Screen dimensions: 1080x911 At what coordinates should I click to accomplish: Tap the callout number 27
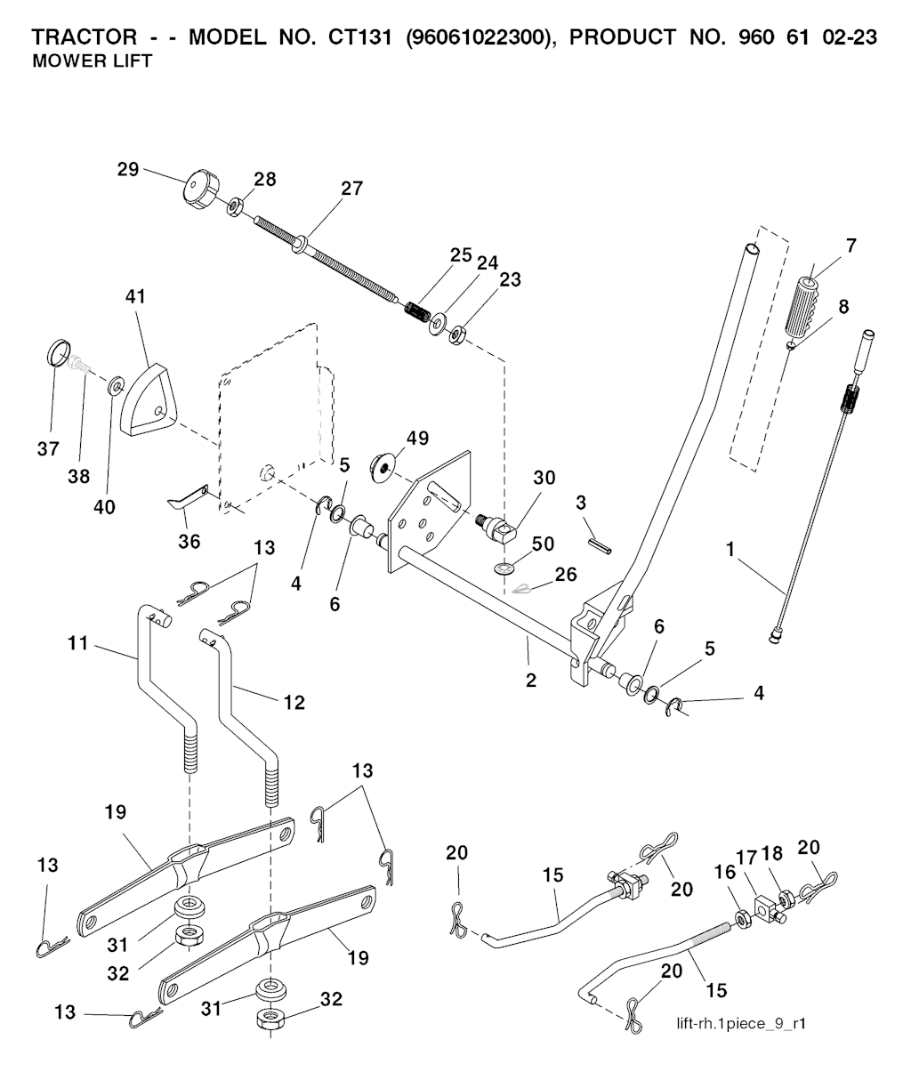click(351, 189)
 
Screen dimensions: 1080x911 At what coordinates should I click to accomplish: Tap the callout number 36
click(189, 541)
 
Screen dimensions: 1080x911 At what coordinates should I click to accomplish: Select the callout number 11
click(79, 641)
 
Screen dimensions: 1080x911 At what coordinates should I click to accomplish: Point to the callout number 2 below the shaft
click(531, 680)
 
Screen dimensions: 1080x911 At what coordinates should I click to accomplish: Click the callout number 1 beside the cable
click(730, 551)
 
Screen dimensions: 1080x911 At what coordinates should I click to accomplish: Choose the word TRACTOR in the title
click(85, 38)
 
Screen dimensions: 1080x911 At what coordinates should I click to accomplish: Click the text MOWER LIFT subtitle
click(92, 62)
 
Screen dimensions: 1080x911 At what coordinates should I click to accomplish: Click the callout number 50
click(542, 544)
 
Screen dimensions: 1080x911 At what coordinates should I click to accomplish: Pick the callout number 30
click(544, 478)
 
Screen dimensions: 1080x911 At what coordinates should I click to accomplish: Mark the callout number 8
click(842, 306)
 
